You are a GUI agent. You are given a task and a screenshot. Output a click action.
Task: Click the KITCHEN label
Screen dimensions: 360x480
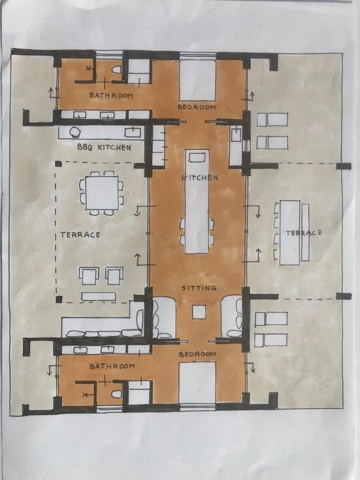click(x=200, y=177)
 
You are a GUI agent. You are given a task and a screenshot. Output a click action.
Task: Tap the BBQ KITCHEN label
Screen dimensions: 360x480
click(x=104, y=147)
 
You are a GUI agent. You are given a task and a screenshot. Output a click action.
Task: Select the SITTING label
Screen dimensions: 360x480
click(x=199, y=288)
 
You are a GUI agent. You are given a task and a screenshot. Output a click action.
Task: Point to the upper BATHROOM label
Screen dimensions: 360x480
click(x=112, y=96)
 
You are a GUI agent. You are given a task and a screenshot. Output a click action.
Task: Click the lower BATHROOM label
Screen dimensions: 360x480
click(x=112, y=366)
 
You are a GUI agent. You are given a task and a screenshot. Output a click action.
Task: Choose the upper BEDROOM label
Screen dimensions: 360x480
click(x=197, y=107)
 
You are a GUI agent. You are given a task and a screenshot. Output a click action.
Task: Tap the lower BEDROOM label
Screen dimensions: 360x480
click(x=197, y=354)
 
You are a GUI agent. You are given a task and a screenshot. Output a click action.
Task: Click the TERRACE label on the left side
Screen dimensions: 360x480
click(x=80, y=235)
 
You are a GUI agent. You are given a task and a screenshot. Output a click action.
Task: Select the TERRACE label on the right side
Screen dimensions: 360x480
click(x=304, y=233)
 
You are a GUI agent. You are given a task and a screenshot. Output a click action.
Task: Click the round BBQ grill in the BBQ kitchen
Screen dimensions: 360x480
click(x=75, y=132)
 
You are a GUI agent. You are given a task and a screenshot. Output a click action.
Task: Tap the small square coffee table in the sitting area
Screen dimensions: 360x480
click(x=199, y=312)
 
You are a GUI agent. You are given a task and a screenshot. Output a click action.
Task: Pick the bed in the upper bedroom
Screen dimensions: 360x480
click(x=197, y=80)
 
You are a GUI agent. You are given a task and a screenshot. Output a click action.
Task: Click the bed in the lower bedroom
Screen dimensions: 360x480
click(x=197, y=382)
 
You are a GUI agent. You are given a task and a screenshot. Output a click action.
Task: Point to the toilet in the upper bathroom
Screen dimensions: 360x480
click(x=117, y=70)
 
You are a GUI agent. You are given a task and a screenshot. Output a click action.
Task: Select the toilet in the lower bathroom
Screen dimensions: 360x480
click(x=117, y=394)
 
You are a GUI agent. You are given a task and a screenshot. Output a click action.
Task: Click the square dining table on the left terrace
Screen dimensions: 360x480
click(x=102, y=193)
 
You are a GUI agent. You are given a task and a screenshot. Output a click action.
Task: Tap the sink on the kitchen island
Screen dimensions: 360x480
click(x=197, y=157)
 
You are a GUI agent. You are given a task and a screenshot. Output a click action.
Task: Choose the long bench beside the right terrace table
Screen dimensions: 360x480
click(x=305, y=232)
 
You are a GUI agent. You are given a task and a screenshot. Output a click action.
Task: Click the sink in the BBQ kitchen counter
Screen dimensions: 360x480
click(x=133, y=133)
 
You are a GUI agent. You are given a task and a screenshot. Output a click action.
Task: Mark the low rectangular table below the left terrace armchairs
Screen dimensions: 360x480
click(x=98, y=296)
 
